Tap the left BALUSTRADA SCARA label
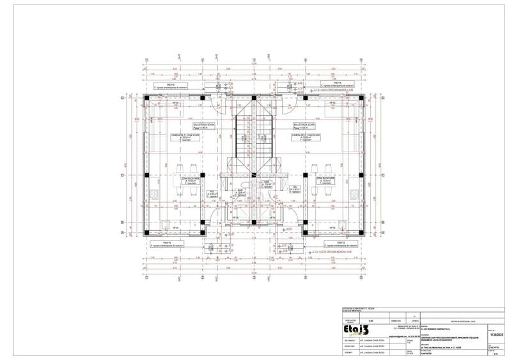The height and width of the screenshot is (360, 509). click(206, 125)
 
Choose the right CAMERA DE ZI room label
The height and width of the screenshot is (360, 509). click(306, 138)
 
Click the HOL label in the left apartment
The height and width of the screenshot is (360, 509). click(212, 192)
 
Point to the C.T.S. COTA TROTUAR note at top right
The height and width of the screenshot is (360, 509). click(333, 90)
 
